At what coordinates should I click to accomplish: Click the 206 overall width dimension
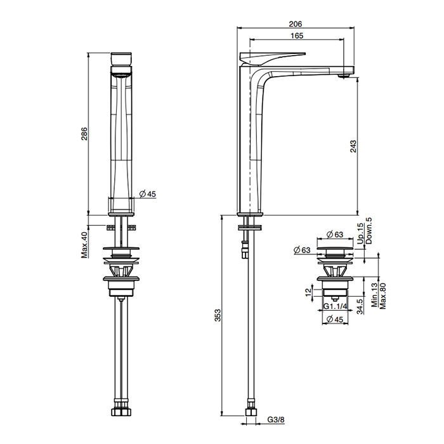coord(296,24)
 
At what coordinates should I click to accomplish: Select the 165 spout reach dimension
coord(296,36)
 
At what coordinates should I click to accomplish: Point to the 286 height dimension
coord(84,134)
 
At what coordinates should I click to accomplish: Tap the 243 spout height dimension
coord(353,146)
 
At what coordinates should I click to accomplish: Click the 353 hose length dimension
coord(218,315)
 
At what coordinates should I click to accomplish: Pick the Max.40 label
coord(84,245)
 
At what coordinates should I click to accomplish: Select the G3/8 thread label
coord(275,419)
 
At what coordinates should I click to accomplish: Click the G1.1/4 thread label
coord(336,306)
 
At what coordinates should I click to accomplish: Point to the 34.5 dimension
coord(360,306)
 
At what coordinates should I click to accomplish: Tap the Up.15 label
coord(360,233)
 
